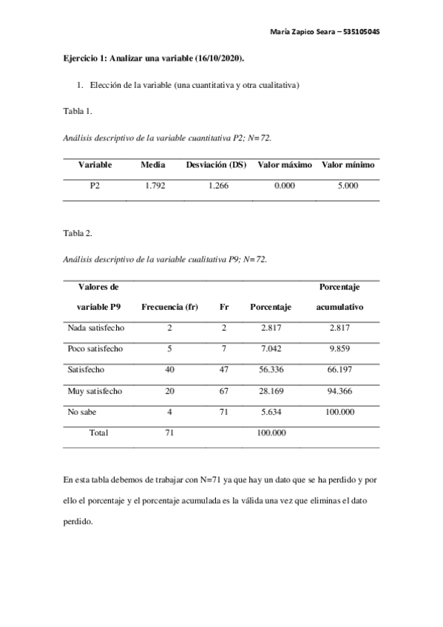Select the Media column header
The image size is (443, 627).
click(x=153, y=164)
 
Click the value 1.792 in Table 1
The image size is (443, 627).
click(x=154, y=186)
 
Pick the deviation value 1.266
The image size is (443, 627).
click(x=217, y=186)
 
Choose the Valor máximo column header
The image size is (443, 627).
click(x=284, y=164)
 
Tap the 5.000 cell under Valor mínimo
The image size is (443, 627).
click(x=348, y=186)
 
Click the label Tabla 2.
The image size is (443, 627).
click(x=78, y=234)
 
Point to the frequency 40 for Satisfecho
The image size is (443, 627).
click(x=169, y=370)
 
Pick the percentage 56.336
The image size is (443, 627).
click(x=271, y=370)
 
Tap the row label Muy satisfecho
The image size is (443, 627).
click(x=94, y=391)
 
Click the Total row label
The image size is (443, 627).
click(x=98, y=433)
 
